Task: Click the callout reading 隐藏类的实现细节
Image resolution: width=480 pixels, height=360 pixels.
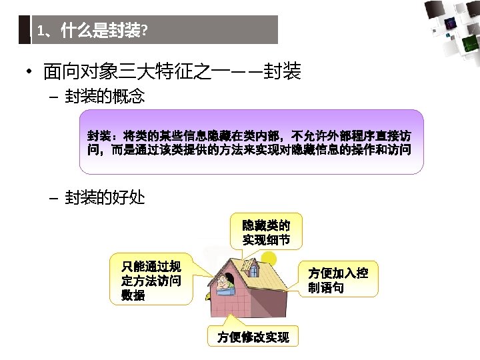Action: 266,230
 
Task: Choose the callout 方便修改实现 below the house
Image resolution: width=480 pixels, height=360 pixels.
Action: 253,337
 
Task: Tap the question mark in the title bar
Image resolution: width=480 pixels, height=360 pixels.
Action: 145,31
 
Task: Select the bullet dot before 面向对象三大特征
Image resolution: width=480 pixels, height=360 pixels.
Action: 31,71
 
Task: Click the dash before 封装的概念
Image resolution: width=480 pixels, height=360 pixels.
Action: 54,98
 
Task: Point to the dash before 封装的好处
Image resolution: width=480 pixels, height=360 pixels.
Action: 54,198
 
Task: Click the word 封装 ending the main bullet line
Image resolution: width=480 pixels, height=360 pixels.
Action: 283,71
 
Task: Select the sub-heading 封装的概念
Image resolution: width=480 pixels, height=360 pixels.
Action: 105,97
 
